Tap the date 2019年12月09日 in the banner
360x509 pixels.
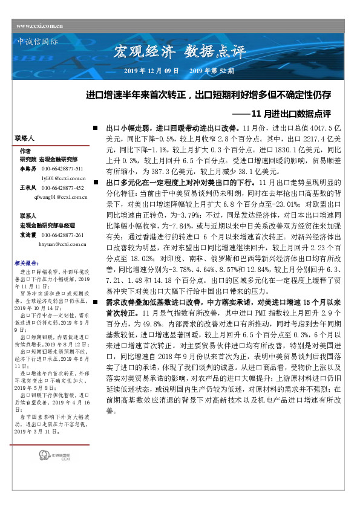point(151,71)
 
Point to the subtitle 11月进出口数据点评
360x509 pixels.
point(290,113)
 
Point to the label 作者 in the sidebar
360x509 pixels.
point(25,151)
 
